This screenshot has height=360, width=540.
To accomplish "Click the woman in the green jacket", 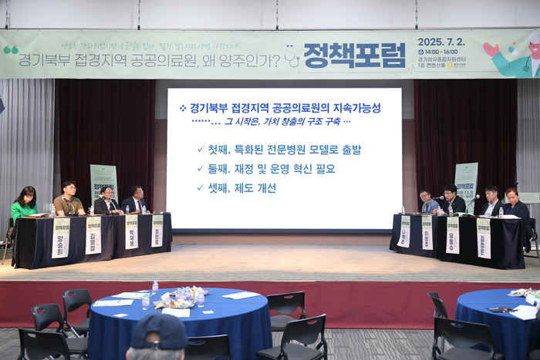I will click(24, 204).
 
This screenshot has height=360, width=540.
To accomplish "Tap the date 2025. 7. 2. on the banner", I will click(451, 43).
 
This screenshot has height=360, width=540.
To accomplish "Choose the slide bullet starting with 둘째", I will click(271, 169).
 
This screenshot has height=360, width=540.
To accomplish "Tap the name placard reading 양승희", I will click(61, 237).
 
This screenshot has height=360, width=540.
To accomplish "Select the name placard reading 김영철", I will click(93, 235).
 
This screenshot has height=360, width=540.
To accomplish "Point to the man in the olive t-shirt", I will click(69, 201).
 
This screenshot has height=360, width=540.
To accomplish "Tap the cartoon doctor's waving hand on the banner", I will click(491, 50).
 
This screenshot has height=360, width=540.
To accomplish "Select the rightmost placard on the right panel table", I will click(484, 237).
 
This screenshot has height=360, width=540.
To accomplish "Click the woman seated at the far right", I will click(515, 206).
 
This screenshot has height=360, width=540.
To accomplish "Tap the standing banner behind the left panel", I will click(103, 183).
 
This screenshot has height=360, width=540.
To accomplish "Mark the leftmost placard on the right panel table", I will click(404, 231).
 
